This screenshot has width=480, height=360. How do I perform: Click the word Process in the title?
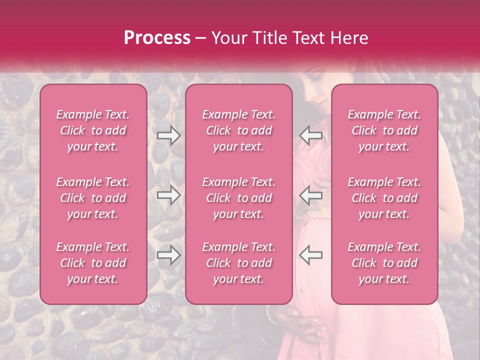[157, 38]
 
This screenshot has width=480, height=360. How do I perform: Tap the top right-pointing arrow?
[168, 135]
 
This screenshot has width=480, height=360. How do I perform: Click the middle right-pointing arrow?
[168, 195]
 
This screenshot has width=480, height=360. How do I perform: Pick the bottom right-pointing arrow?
[168, 256]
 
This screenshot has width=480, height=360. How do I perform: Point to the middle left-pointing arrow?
[310, 195]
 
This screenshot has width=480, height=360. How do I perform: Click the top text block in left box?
[93, 131]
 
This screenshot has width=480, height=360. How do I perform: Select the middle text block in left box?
[93, 198]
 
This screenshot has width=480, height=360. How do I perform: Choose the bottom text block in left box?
[93, 263]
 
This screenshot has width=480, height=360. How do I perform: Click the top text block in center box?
[239, 131]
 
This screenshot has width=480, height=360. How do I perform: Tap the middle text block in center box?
[239, 198]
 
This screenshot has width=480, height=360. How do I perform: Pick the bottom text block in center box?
[239, 263]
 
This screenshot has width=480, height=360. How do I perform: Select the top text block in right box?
[384, 131]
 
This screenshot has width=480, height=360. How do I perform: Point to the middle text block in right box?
[384, 198]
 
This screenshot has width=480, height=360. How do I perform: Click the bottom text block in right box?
[384, 263]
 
